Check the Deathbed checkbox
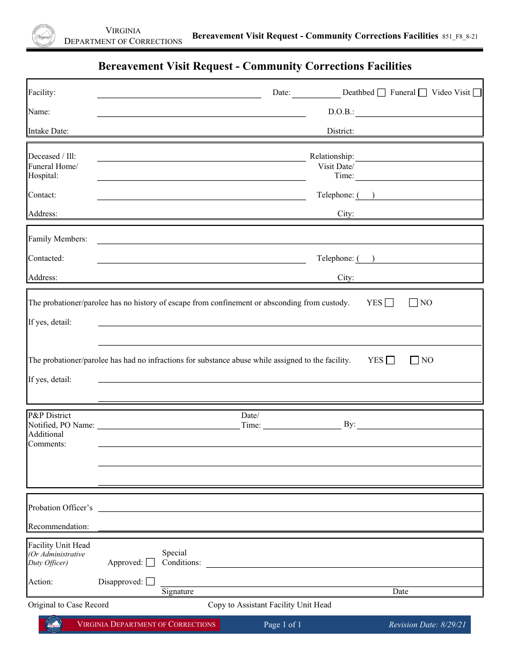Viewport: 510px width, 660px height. pos(381,93)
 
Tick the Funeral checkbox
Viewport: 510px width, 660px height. pos(422,93)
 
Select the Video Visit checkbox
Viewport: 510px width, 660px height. pos(477,93)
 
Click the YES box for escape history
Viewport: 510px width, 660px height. pos(389,303)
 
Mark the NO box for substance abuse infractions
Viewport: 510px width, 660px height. pos(414,360)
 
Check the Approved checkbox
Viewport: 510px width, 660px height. pos(150,562)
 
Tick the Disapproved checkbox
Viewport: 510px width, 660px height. pos(150,582)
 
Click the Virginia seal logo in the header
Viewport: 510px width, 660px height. pos(43,35)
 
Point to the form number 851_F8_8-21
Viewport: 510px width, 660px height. pos(460,36)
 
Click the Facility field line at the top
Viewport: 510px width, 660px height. pos(179,94)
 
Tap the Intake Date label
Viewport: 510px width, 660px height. pos(48,131)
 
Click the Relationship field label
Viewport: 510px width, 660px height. pos(332,156)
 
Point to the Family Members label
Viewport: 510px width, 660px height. pos(57,239)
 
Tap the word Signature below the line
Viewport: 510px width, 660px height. pos(178,591)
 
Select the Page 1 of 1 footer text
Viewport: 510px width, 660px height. pos(282,625)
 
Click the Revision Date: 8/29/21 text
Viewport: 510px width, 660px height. pos(427,625)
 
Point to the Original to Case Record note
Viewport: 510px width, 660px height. pos(68,605)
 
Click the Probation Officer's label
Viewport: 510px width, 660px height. pos(60,508)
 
